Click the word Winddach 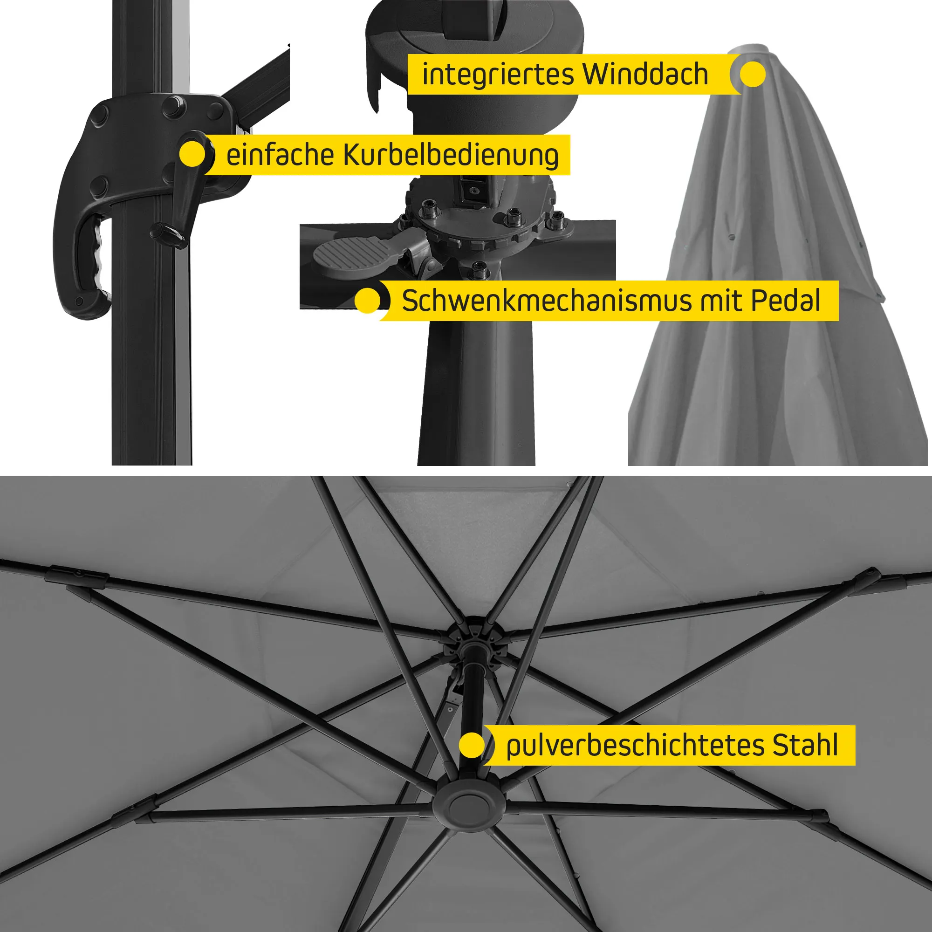coord(645,74)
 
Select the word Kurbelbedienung coord(451,156)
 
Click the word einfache coord(280,155)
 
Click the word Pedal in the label coord(785,301)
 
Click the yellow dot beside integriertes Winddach coord(752,74)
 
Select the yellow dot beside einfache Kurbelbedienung coord(192,154)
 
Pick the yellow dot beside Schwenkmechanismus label coord(368,301)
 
